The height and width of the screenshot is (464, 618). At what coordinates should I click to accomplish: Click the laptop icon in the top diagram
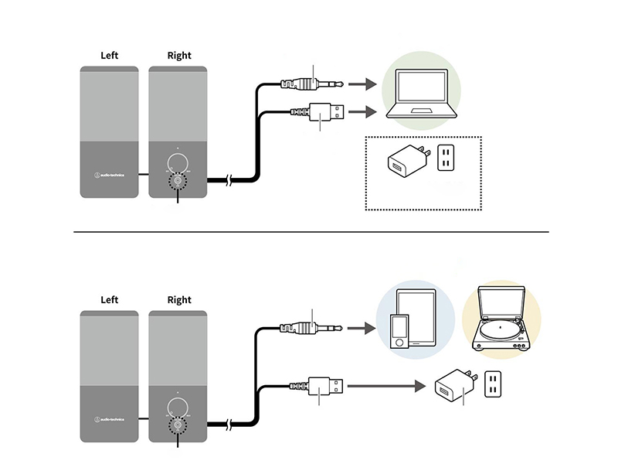(x=421, y=97)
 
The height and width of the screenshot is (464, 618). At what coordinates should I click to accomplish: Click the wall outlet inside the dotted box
(x=447, y=159)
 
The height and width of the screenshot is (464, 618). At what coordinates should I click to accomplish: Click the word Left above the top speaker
(x=110, y=56)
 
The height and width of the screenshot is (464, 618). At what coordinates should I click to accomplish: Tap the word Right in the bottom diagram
(x=178, y=300)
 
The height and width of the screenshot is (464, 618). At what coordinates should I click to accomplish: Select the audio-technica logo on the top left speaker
(x=110, y=173)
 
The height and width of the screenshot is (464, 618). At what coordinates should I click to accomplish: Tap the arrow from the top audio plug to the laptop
(x=360, y=83)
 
